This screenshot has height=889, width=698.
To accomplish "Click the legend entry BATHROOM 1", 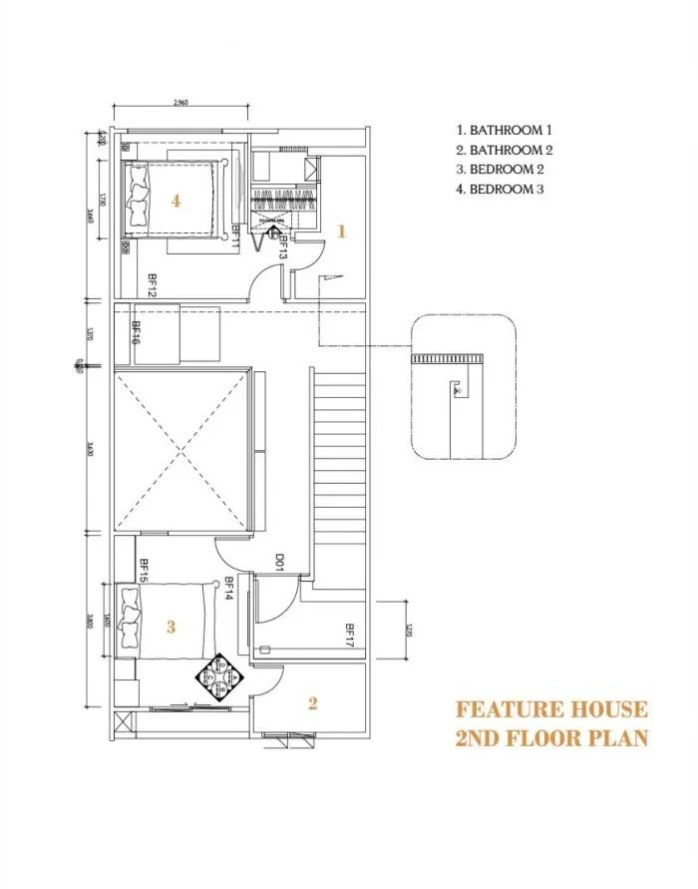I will pyautogui.click(x=504, y=130).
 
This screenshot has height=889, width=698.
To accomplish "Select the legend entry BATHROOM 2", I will pyautogui.click(x=504, y=150).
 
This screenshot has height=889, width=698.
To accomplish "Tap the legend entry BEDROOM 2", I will pyautogui.click(x=500, y=170).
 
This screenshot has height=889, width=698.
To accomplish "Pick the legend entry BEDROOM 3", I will pyautogui.click(x=500, y=190).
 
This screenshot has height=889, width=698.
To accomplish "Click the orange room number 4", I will pyautogui.click(x=175, y=201).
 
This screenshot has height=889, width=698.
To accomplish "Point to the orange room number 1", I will pyautogui.click(x=341, y=231).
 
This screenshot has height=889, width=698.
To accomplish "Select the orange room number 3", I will pyautogui.click(x=171, y=627).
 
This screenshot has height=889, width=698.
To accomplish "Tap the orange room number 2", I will pyautogui.click(x=312, y=703).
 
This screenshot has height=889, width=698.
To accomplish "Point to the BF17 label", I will pyautogui.click(x=350, y=637).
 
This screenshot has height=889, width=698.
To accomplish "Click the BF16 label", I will pyautogui.click(x=136, y=332).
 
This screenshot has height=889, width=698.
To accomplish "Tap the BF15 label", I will pyautogui.click(x=144, y=570).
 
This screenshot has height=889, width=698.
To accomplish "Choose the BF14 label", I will pyautogui.click(x=228, y=590).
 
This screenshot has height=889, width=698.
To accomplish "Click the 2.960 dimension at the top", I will pyautogui.click(x=180, y=102).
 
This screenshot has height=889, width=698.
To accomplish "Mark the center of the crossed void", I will pyautogui.click(x=180, y=452).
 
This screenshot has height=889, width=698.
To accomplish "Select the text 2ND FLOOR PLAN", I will pyautogui.click(x=551, y=738).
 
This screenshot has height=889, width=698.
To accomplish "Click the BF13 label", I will pyautogui.click(x=283, y=247).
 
